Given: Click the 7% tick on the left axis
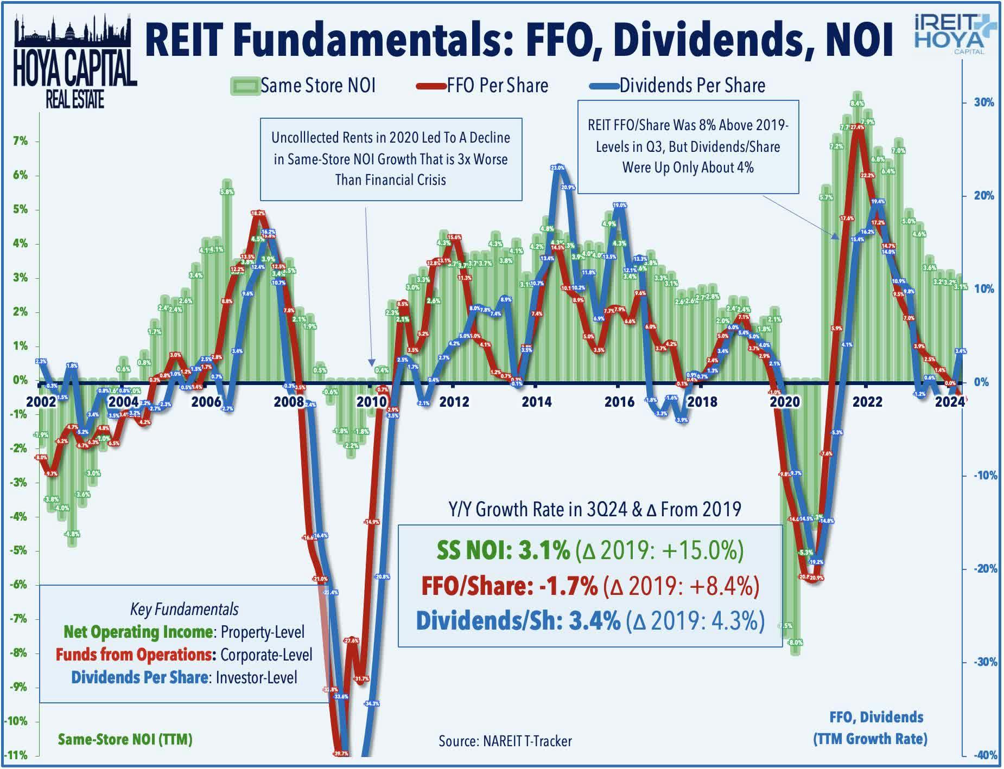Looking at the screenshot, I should [20, 142].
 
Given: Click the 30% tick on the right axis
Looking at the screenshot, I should [983, 102].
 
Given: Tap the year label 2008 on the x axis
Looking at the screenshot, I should [289, 402].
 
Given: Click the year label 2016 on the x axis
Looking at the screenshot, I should [619, 402].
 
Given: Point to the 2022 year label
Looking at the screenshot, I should [867, 402].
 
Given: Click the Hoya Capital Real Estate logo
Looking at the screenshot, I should [74, 62].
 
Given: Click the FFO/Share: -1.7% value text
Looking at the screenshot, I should [509, 586].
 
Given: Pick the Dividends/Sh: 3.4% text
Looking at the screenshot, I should [518, 621].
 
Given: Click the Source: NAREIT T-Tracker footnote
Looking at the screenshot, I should [505, 741].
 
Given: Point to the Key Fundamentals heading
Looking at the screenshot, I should [184, 610].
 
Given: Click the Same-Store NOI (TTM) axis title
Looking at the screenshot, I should [125, 739].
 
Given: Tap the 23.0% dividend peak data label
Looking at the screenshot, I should [557, 168].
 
